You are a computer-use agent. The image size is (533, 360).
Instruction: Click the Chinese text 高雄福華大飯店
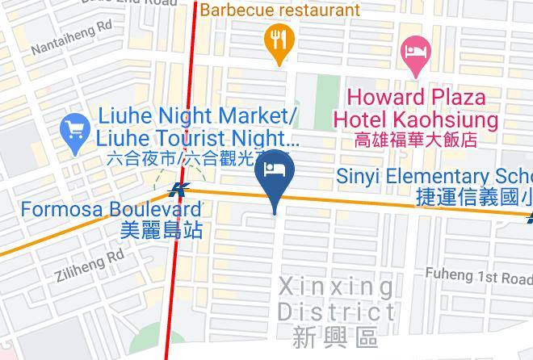[x=416, y=140]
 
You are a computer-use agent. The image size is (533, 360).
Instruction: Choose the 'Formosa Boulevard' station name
[x=111, y=209]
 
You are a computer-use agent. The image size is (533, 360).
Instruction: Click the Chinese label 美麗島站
[x=161, y=229]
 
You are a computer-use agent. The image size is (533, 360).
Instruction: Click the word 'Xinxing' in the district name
[x=336, y=287]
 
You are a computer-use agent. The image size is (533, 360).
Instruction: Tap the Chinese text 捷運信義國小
[x=472, y=196]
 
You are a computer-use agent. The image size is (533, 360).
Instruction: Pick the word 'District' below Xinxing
[x=336, y=312]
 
